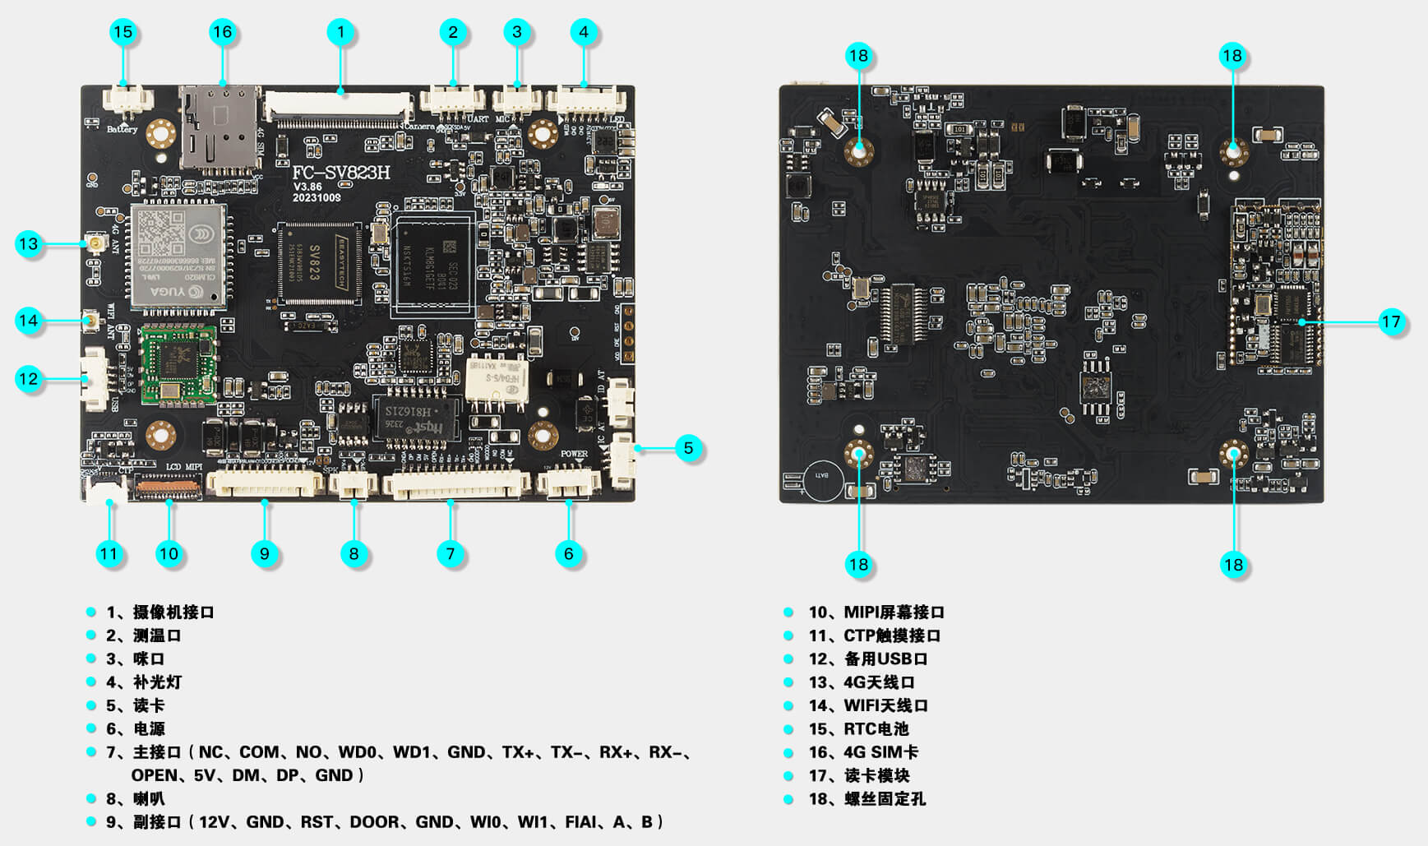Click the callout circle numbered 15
coord(123,32)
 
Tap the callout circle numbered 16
coord(223,32)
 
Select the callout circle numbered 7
coord(451,553)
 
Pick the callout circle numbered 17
coord(1390,321)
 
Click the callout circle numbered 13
coord(29,243)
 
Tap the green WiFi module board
coord(178,364)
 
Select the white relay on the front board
coord(497,381)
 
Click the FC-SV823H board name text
coord(341,173)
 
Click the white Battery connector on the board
coord(127,101)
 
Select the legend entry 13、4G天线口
coord(862,682)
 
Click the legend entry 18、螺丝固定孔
coord(867,799)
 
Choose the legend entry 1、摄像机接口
coord(160,613)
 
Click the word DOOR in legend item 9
coord(377,822)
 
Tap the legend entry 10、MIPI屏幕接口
coord(876,613)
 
